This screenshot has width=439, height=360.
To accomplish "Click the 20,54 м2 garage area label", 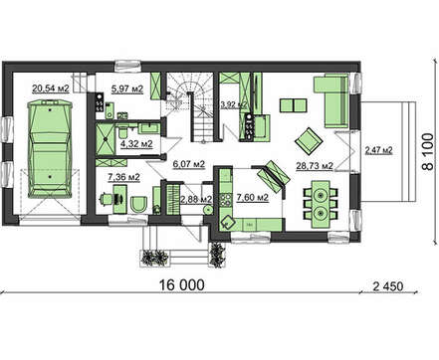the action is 51,89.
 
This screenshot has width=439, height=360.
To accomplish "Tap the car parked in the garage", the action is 50,149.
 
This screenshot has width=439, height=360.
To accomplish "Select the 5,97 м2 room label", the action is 127,89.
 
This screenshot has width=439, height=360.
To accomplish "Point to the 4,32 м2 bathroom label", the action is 136,144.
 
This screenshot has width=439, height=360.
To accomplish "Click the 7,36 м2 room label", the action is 123,177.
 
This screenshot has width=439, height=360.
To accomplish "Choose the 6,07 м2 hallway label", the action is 189,164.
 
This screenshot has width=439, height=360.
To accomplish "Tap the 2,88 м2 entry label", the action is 196,199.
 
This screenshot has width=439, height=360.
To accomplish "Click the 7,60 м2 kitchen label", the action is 252,198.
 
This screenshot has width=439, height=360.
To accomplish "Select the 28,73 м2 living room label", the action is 315,165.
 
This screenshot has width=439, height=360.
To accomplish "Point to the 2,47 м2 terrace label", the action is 378,150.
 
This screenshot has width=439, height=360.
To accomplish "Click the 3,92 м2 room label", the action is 234,104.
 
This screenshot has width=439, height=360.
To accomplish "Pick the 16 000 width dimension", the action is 182,284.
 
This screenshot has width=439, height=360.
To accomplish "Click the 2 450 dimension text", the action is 388,286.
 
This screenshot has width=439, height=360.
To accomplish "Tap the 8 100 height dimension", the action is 428,151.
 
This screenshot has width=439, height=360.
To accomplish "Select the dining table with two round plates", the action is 321,204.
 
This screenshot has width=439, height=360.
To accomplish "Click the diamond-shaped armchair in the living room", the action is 309,140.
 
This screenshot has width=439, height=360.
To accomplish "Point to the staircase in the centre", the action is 190,107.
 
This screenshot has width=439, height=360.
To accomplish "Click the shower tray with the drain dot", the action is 106,139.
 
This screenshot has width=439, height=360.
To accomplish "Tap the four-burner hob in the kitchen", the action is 226,198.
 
